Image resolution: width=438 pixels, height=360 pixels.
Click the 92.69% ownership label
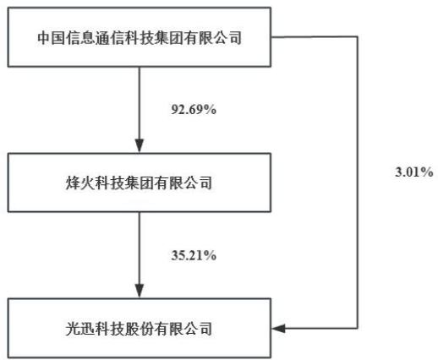click(x=194, y=109)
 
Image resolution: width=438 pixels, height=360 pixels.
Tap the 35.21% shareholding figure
click(x=194, y=255)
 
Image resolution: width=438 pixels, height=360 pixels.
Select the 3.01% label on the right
click(x=414, y=172)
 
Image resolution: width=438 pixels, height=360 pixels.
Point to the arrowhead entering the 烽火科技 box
click(x=140, y=146)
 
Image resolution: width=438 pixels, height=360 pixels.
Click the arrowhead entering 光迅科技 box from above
click(x=140, y=291)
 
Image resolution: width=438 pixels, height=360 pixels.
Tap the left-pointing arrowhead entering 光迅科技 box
click(x=278, y=328)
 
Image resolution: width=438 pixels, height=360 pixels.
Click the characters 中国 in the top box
click(x=52, y=37)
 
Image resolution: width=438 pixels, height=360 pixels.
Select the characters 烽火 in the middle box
click(x=80, y=183)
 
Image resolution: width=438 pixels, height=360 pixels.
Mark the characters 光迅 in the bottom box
click(x=80, y=329)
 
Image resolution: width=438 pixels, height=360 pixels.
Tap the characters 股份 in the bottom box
click(x=140, y=329)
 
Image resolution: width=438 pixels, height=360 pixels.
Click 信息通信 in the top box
click(x=96, y=37)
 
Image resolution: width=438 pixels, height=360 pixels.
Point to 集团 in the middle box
click(x=140, y=183)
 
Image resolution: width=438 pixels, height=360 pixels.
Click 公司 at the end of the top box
click(x=227, y=37)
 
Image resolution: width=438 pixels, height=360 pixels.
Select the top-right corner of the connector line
click(x=358, y=37)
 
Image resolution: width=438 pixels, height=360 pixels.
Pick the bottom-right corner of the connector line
click(x=358, y=328)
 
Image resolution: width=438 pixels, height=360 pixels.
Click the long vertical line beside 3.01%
click(x=358, y=183)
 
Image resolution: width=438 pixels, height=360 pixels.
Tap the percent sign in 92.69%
click(x=211, y=109)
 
